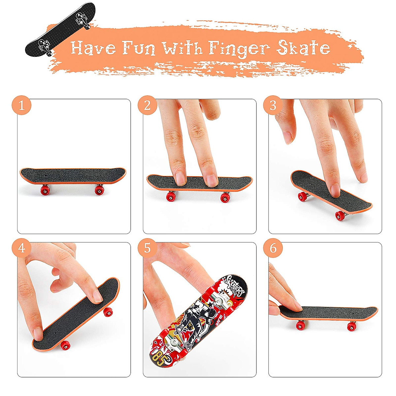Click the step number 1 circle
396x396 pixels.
tap(22, 106)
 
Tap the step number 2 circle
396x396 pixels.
tap(147, 106)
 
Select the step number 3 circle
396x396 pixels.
tap(273, 106)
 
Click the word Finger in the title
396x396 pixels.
tap(239, 48)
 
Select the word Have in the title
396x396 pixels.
tap(93, 48)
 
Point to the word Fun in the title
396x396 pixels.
tap(139, 48)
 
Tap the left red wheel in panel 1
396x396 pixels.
tap(45, 190)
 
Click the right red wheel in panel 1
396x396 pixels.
tap(99, 190)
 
